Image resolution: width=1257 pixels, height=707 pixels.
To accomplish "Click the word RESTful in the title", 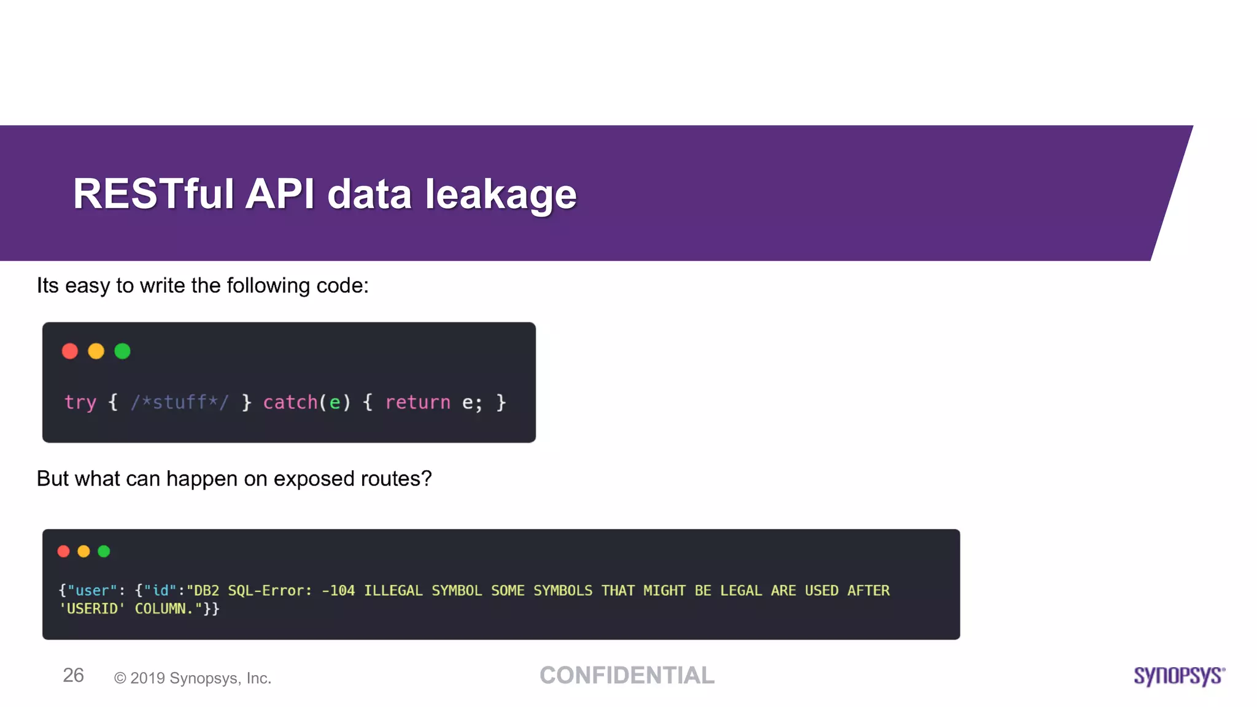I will coord(153,194).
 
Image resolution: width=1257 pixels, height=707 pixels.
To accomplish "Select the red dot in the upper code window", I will coord(70,351).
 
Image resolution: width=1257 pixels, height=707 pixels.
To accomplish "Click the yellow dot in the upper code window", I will coord(96,351).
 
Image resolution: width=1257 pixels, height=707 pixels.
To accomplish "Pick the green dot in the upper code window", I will coord(123,351).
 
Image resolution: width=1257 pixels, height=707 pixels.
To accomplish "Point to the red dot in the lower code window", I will coord(64,551).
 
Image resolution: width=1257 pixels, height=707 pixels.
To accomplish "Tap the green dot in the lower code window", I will coord(104,551).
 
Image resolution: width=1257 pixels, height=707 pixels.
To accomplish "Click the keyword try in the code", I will coord(80,403).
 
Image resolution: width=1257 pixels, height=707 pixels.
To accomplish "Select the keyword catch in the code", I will coord(290,403).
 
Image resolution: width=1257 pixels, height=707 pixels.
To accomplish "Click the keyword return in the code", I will coord(418,403).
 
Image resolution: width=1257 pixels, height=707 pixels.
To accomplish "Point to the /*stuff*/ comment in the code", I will coord(180,403).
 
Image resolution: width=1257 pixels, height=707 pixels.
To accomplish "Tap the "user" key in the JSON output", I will coord(92,590).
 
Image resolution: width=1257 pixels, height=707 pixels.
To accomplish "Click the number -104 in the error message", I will coord(338,590).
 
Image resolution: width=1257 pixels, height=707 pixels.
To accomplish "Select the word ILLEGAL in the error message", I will coord(393,590).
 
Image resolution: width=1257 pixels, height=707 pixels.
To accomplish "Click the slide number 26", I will coord(73,676).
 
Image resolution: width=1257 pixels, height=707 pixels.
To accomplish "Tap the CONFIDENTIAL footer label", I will coord(627,676).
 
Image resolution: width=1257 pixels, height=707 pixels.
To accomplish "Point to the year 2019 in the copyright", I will coord(147,678).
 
